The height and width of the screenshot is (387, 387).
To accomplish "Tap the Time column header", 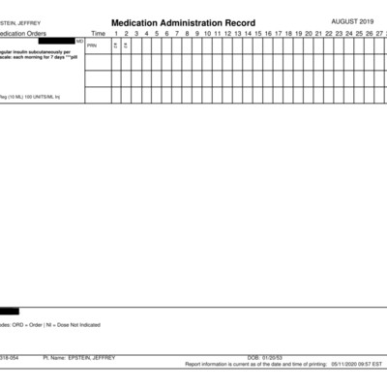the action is pos(99,34).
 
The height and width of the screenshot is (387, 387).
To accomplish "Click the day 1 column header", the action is pos(115,34).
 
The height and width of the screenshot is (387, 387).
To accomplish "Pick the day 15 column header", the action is pos(258,34).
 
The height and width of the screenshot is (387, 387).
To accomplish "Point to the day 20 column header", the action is pos(310,34).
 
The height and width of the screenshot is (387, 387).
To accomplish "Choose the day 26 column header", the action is pos(371,34).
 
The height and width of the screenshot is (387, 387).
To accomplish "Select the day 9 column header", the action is pos(196,34).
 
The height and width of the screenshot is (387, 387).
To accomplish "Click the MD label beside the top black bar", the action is pos(79,41).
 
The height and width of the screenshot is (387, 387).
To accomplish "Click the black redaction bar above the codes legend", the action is pos(9,312).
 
